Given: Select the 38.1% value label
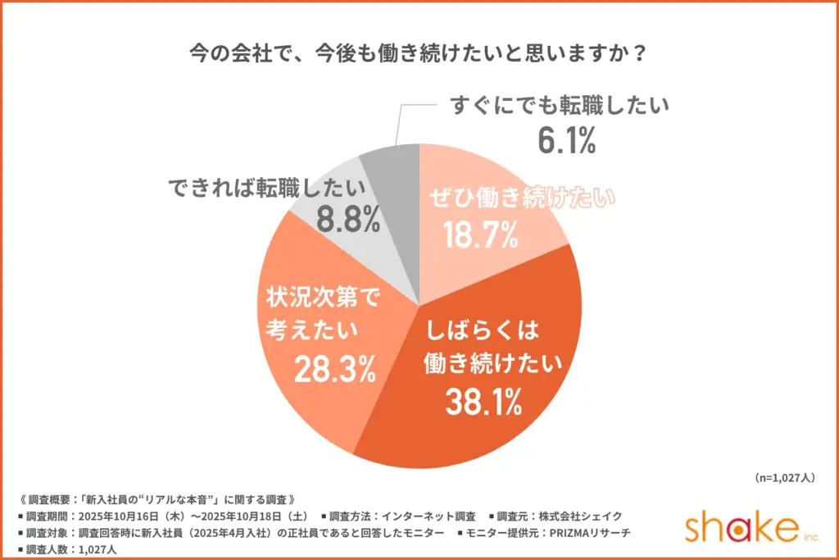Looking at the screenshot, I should (x=483, y=401).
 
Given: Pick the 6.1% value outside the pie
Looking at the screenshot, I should (x=565, y=141).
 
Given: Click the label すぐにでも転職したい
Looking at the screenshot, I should (x=560, y=106).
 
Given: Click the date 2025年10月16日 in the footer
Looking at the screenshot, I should (x=127, y=516).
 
